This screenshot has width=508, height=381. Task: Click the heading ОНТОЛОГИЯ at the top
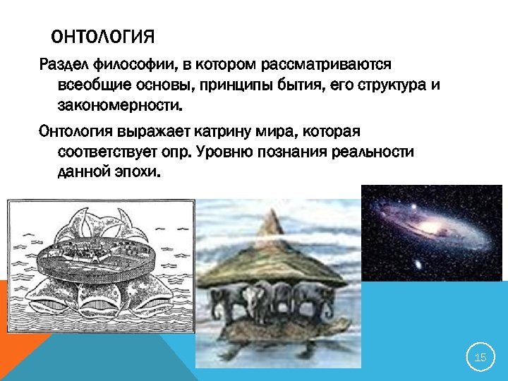(103, 35)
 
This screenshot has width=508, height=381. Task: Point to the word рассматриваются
(325, 66)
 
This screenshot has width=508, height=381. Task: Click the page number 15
(480, 358)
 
